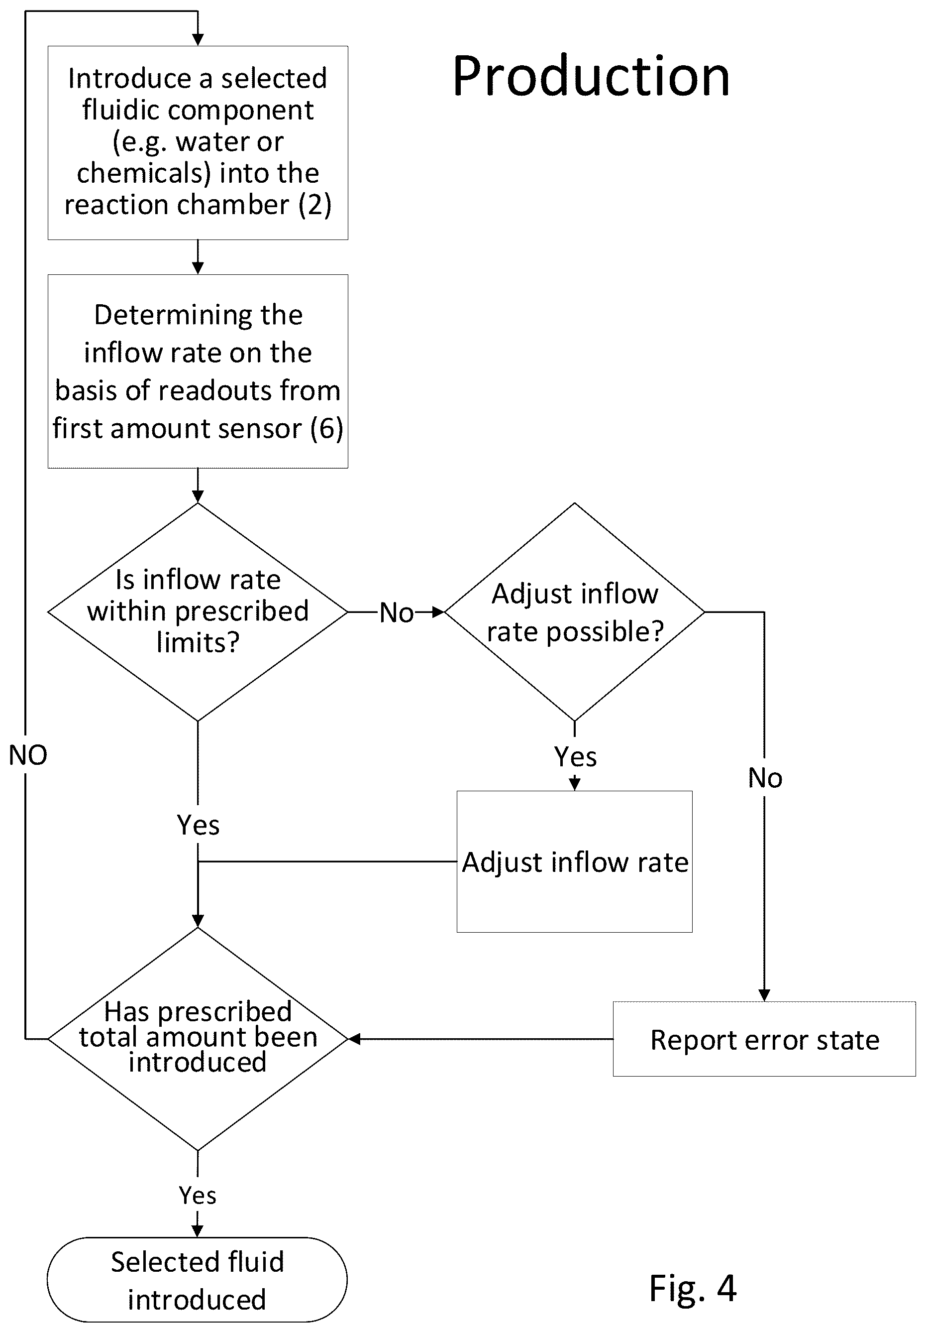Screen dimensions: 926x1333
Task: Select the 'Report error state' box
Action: pyautogui.click(x=764, y=1039)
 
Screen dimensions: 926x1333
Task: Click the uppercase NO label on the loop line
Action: pyautogui.click(x=28, y=755)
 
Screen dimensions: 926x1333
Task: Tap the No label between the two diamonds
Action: pyautogui.click(x=397, y=613)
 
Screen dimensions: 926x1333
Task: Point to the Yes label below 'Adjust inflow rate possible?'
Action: pyautogui.click(x=575, y=756)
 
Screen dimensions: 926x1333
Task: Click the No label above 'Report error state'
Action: pyautogui.click(x=765, y=778)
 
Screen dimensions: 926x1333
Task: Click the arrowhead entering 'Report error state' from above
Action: pyautogui.click(x=764, y=995)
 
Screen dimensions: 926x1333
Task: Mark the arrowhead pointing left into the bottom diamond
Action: pyautogui.click(x=354, y=1039)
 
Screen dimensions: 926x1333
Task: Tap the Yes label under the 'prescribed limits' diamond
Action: pyautogui.click(x=198, y=825)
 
